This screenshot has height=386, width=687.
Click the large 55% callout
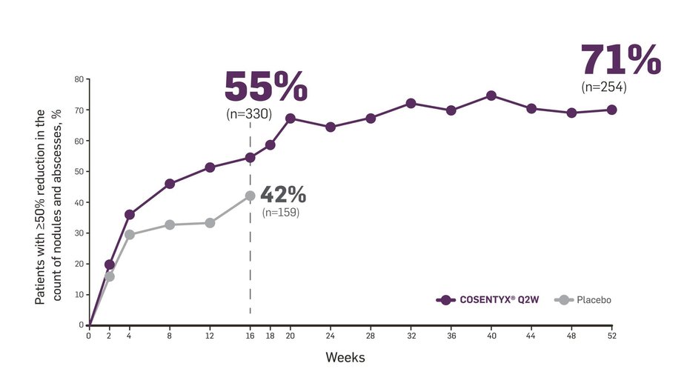(x=265, y=87)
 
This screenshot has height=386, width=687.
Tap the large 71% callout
(x=620, y=60)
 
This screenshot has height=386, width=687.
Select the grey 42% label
(x=283, y=195)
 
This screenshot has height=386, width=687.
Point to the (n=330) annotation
(x=249, y=114)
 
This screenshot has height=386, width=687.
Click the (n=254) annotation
(x=604, y=87)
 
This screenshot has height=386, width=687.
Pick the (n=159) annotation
(x=281, y=213)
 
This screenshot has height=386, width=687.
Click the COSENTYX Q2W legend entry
(x=489, y=300)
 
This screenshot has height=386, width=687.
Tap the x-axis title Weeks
(x=345, y=357)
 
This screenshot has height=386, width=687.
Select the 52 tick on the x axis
(x=611, y=336)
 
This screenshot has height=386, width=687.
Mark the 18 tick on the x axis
(x=270, y=336)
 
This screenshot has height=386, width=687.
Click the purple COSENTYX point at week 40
(x=491, y=96)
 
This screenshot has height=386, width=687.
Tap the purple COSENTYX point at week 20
(x=291, y=119)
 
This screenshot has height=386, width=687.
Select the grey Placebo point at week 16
(x=250, y=196)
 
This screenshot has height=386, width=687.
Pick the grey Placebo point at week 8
(x=170, y=224)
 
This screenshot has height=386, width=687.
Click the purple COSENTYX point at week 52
(x=611, y=110)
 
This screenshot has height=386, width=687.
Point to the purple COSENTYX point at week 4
(x=130, y=214)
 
